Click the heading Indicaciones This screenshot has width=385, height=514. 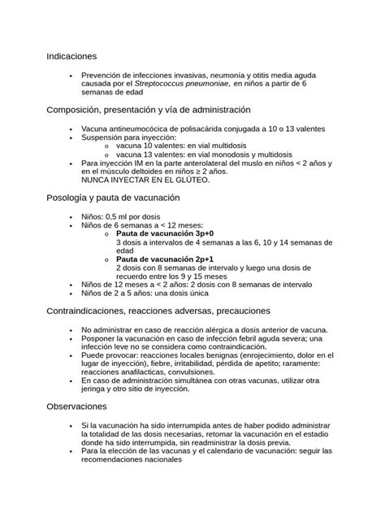coord(71,56)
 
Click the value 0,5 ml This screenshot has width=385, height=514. coord(121,216)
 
